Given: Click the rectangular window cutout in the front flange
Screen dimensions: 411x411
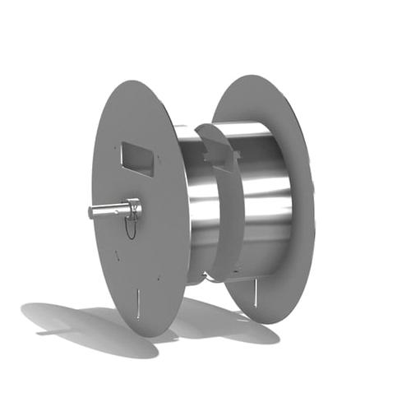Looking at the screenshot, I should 136,158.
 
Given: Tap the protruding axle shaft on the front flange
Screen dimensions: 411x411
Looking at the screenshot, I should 110,211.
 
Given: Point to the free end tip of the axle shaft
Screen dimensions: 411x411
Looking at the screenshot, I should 91,214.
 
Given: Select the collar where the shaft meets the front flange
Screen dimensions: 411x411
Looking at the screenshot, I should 133,208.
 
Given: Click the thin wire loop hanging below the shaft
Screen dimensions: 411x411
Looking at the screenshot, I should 130,228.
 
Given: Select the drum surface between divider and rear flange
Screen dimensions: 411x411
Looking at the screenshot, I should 263,189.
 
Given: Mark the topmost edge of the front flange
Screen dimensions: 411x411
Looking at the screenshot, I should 132,81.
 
